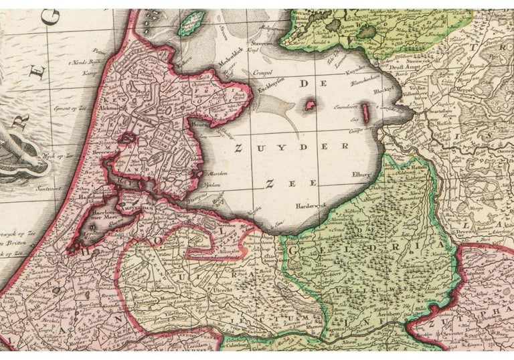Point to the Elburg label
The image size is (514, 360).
360,176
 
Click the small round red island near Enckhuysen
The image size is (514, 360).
310,104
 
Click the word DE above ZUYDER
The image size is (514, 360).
307,83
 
